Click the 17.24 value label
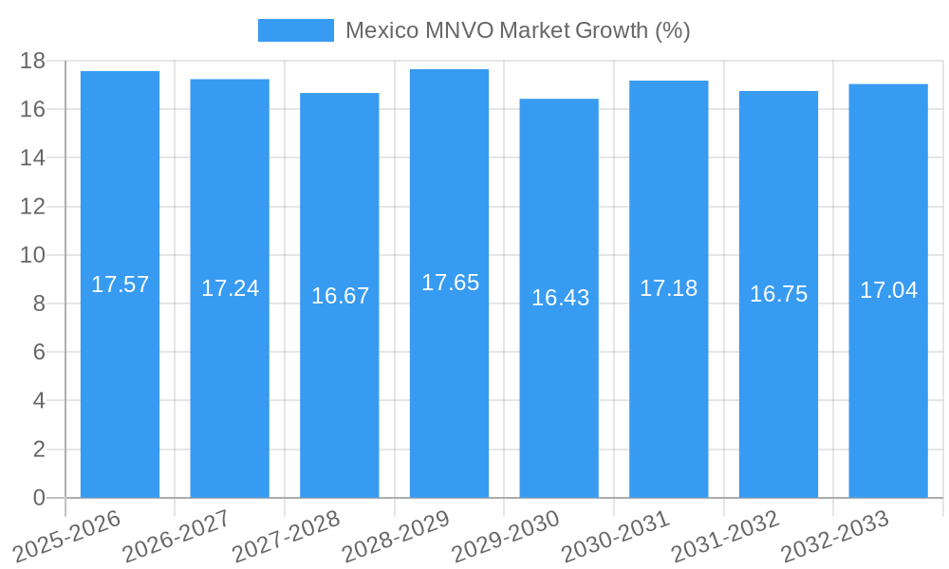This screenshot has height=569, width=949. (x=230, y=288)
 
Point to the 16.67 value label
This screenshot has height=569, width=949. (x=340, y=296)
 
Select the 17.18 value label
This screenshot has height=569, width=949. (x=668, y=288)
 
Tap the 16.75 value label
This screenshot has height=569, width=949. (x=778, y=294)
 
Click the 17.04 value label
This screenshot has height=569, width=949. (x=888, y=290)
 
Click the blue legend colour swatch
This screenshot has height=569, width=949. (x=295, y=30)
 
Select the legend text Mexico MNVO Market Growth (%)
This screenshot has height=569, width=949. (x=517, y=30)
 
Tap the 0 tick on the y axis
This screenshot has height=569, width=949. (x=39, y=498)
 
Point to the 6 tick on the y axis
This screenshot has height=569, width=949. (x=39, y=352)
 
